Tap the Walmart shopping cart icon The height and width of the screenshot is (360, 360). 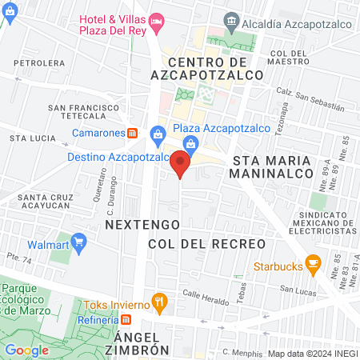(78, 241)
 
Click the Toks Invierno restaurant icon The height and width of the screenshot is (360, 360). (160, 302)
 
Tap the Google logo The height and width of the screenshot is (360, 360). (26, 350)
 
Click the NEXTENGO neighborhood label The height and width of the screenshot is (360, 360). (134, 226)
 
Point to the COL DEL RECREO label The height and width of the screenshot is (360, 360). (206, 242)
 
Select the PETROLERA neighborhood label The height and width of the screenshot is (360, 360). (38, 61)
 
